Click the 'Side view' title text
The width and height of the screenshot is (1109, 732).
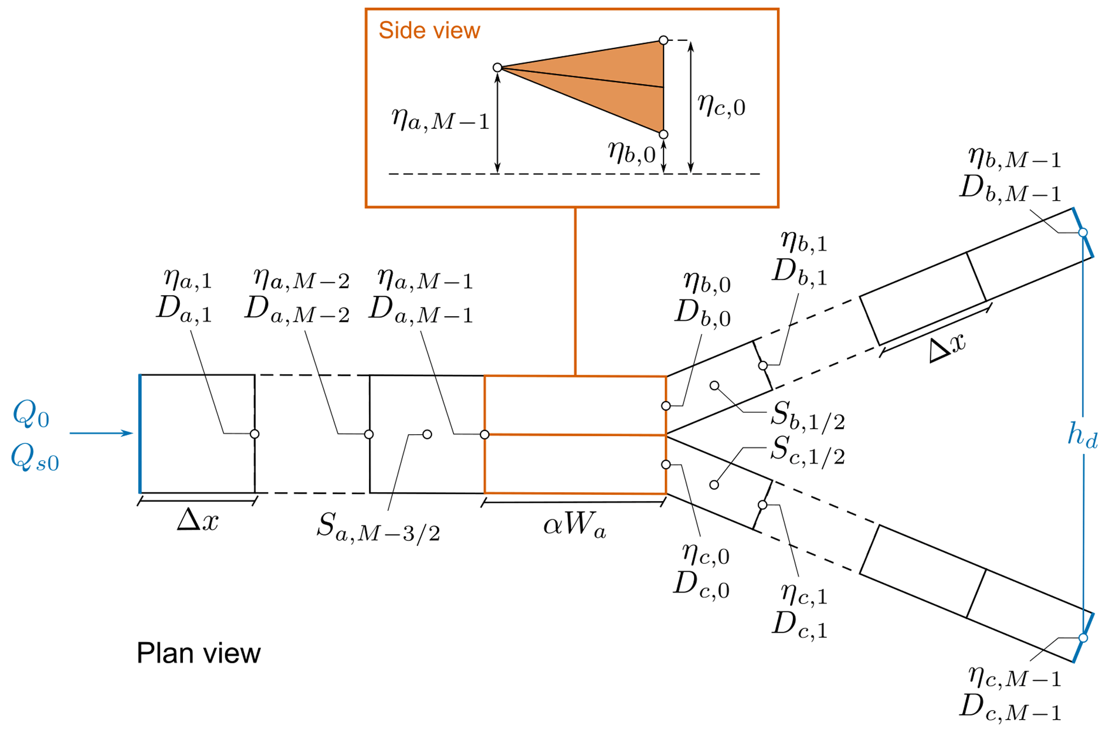429,31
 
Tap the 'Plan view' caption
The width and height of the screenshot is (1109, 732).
199,653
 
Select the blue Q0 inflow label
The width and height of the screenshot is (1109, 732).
31,415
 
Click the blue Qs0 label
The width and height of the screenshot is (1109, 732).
34,459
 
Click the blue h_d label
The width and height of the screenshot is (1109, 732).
1082,435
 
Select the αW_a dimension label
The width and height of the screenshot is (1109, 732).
574,525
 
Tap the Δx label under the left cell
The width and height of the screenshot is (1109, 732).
197,520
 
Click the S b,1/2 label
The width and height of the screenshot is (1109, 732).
807,416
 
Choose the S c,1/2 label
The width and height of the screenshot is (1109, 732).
807,450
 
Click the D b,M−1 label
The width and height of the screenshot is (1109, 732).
1010,191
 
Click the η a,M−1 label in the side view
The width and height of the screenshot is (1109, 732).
440,120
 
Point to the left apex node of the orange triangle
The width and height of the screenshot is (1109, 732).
497,68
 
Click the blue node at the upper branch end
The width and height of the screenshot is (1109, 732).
1083,232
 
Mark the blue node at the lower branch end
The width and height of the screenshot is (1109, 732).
1083,638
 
